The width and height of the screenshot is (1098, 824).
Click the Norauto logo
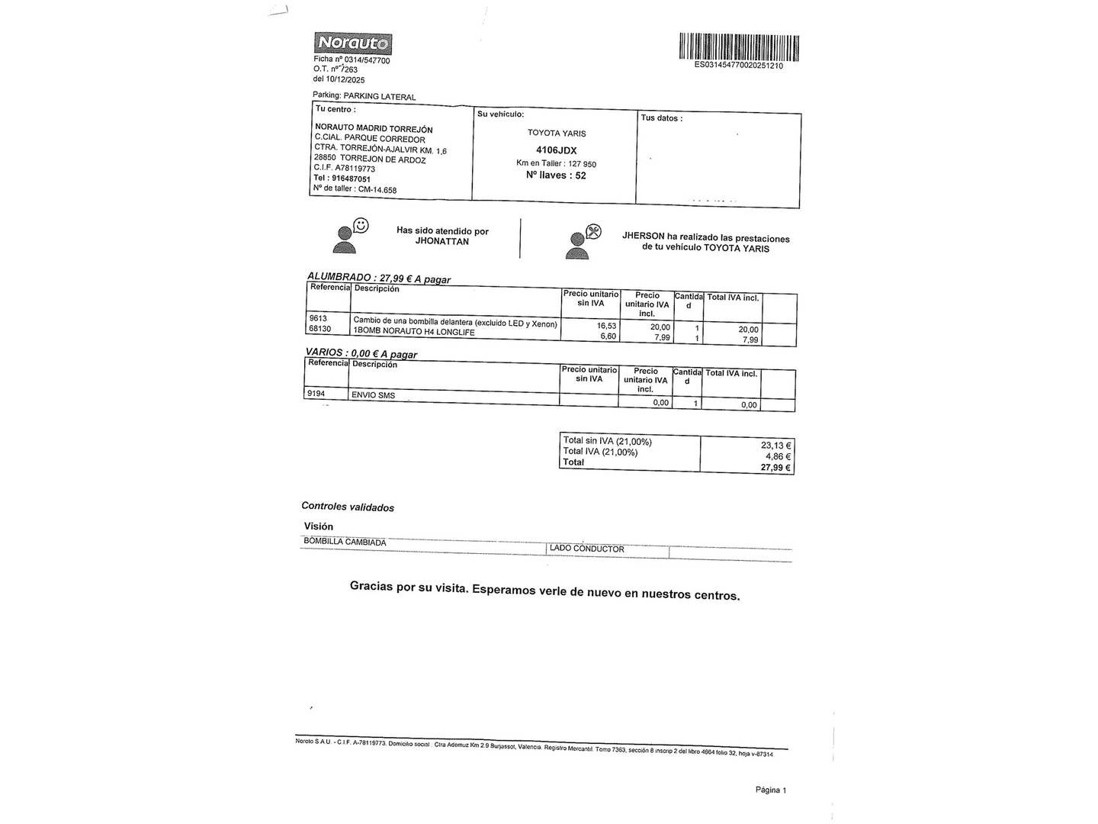click(352, 43)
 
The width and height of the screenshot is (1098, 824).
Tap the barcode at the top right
click(738, 47)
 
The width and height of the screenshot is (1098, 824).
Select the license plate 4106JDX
click(557, 150)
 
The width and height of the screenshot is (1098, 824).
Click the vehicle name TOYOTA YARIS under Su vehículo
click(557, 134)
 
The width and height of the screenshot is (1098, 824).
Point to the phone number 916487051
click(351, 179)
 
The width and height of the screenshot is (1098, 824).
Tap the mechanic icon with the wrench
click(583, 241)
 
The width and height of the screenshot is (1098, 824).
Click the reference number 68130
click(320, 329)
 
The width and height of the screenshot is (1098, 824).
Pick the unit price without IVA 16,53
click(606, 326)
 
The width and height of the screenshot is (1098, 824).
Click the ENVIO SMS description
click(373, 395)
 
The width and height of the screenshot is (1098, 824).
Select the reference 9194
click(316, 394)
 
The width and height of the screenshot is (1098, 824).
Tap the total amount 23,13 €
click(775, 446)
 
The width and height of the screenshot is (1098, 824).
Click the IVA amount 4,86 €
click(778, 457)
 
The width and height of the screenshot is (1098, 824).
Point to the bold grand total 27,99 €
click(775, 468)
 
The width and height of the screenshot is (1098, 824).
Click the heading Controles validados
click(348, 507)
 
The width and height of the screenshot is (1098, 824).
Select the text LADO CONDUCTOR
click(586, 549)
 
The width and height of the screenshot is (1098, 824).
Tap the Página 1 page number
click(770, 790)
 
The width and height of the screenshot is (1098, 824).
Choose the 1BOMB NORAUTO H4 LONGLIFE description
click(413, 332)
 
